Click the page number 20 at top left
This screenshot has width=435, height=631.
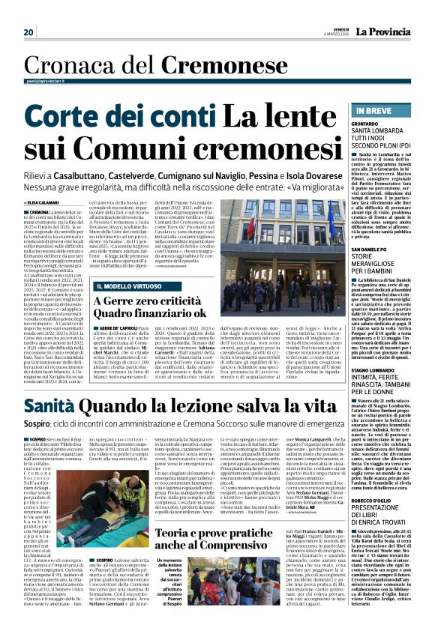[x=28, y=32]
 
